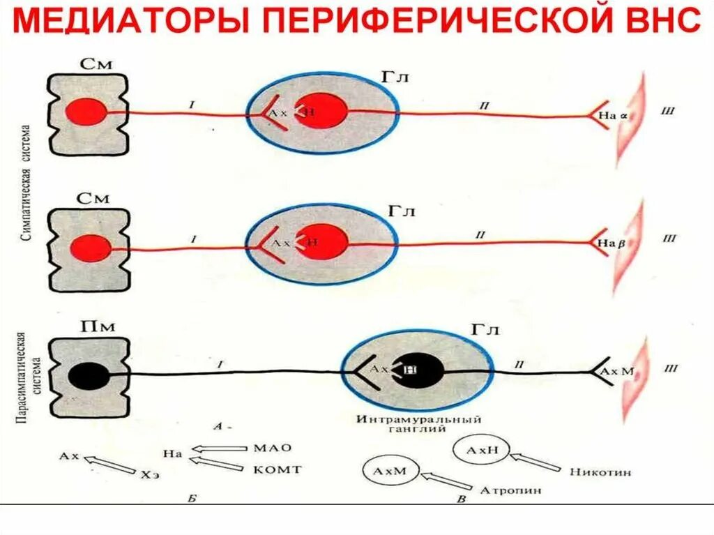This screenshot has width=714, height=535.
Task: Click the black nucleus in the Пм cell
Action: pos(89,377)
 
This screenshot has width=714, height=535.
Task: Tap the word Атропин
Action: pos(510,490)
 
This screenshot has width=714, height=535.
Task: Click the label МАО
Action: pos(273,448)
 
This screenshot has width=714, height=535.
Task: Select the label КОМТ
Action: pos(277,469)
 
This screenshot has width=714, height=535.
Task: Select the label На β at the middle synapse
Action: pos(603,242)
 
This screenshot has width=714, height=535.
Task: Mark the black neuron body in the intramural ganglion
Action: pos(418,370)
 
